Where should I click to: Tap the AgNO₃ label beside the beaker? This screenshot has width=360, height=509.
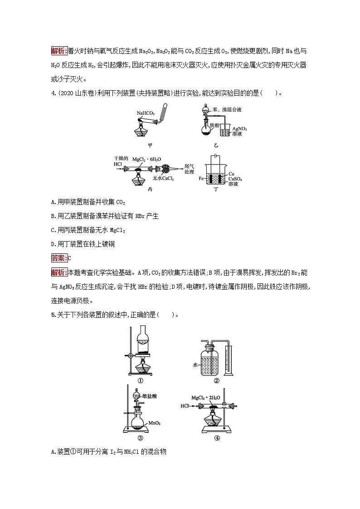(239, 129)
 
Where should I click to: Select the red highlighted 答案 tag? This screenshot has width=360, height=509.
(59, 258)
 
